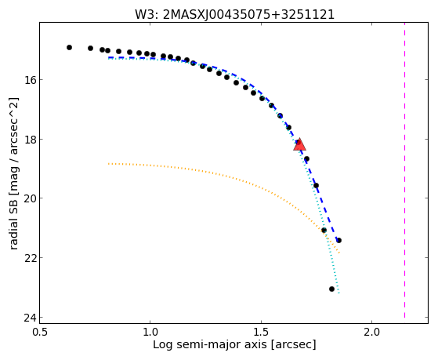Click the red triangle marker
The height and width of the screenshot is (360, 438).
click(300, 144)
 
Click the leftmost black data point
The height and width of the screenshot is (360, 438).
click(69, 48)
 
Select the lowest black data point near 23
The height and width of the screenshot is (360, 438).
click(331, 289)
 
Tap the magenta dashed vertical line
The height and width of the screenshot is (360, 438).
click(404, 170)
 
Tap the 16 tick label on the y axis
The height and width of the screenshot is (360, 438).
click(29, 80)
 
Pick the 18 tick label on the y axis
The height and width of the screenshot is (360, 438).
click(29, 139)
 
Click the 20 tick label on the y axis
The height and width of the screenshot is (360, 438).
click(29, 198)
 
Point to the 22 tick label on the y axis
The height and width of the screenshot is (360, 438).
click(29, 257)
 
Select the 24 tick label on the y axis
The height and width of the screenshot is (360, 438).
click(29, 318)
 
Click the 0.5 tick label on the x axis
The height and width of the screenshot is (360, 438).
click(40, 332)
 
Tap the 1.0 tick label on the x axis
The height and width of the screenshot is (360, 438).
click(150, 332)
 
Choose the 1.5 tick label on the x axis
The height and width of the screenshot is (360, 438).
click(261, 332)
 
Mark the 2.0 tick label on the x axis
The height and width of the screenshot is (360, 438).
click(372, 332)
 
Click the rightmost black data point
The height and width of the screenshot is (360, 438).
click(338, 240)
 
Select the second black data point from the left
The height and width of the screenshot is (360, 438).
click(90, 48)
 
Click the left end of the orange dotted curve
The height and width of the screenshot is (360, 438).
click(108, 164)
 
